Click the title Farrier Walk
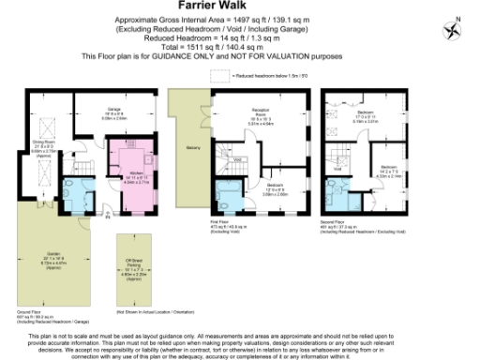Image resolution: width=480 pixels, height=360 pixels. coord(239,7)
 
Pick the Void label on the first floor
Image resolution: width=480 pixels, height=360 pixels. coord(238,159)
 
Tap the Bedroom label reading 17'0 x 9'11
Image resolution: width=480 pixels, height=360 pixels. coord(365,116)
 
